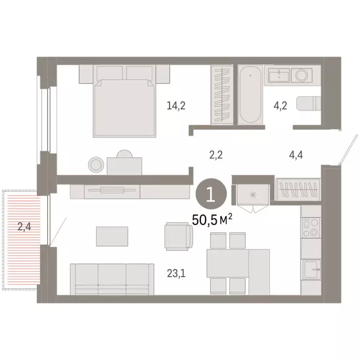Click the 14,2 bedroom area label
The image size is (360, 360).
tap(176, 106)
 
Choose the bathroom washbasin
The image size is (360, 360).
tap(279, 75)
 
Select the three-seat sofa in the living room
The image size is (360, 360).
tap(112, 278)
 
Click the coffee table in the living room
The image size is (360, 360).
tap(112, 236)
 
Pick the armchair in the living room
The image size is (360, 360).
tap(179, 237)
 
